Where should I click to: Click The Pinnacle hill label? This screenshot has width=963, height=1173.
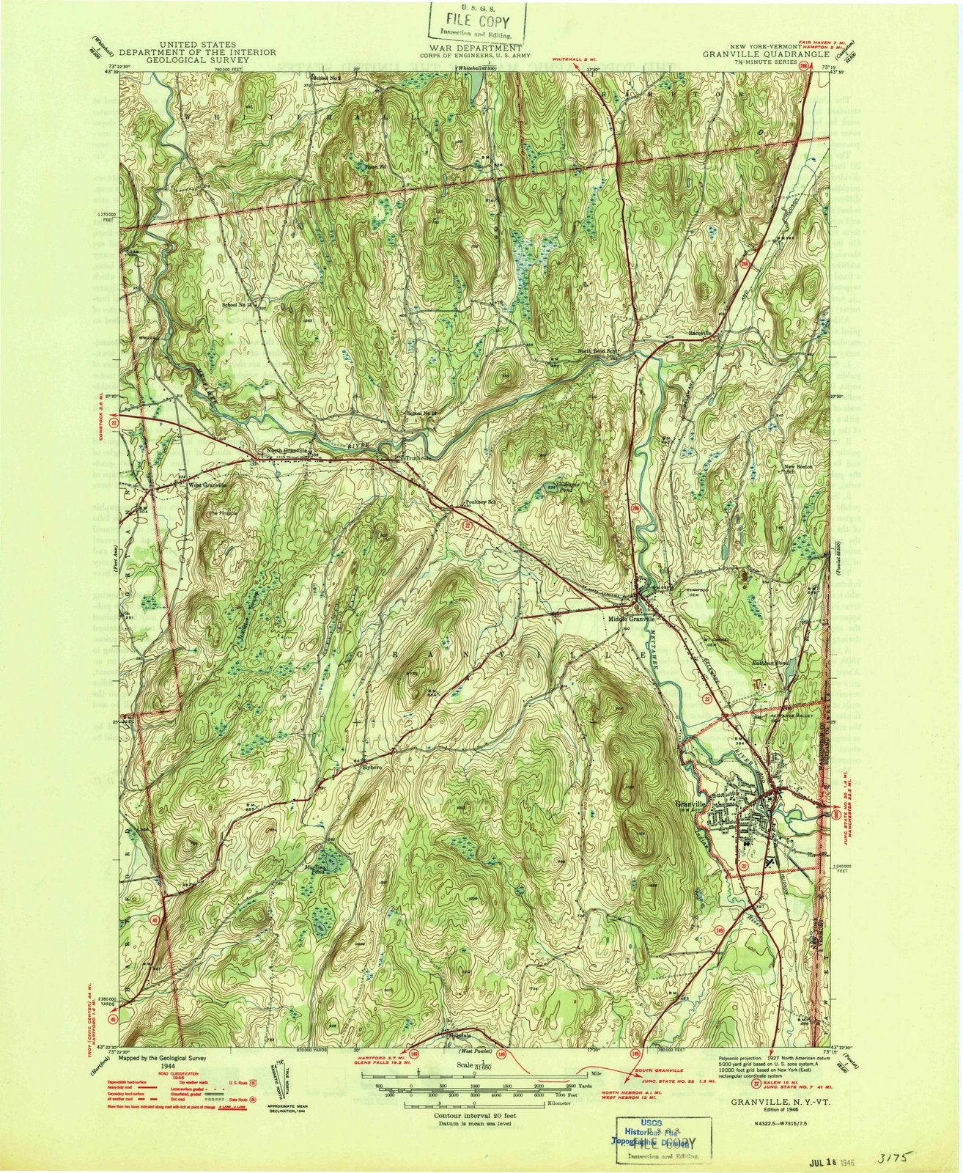click(224, 513)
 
